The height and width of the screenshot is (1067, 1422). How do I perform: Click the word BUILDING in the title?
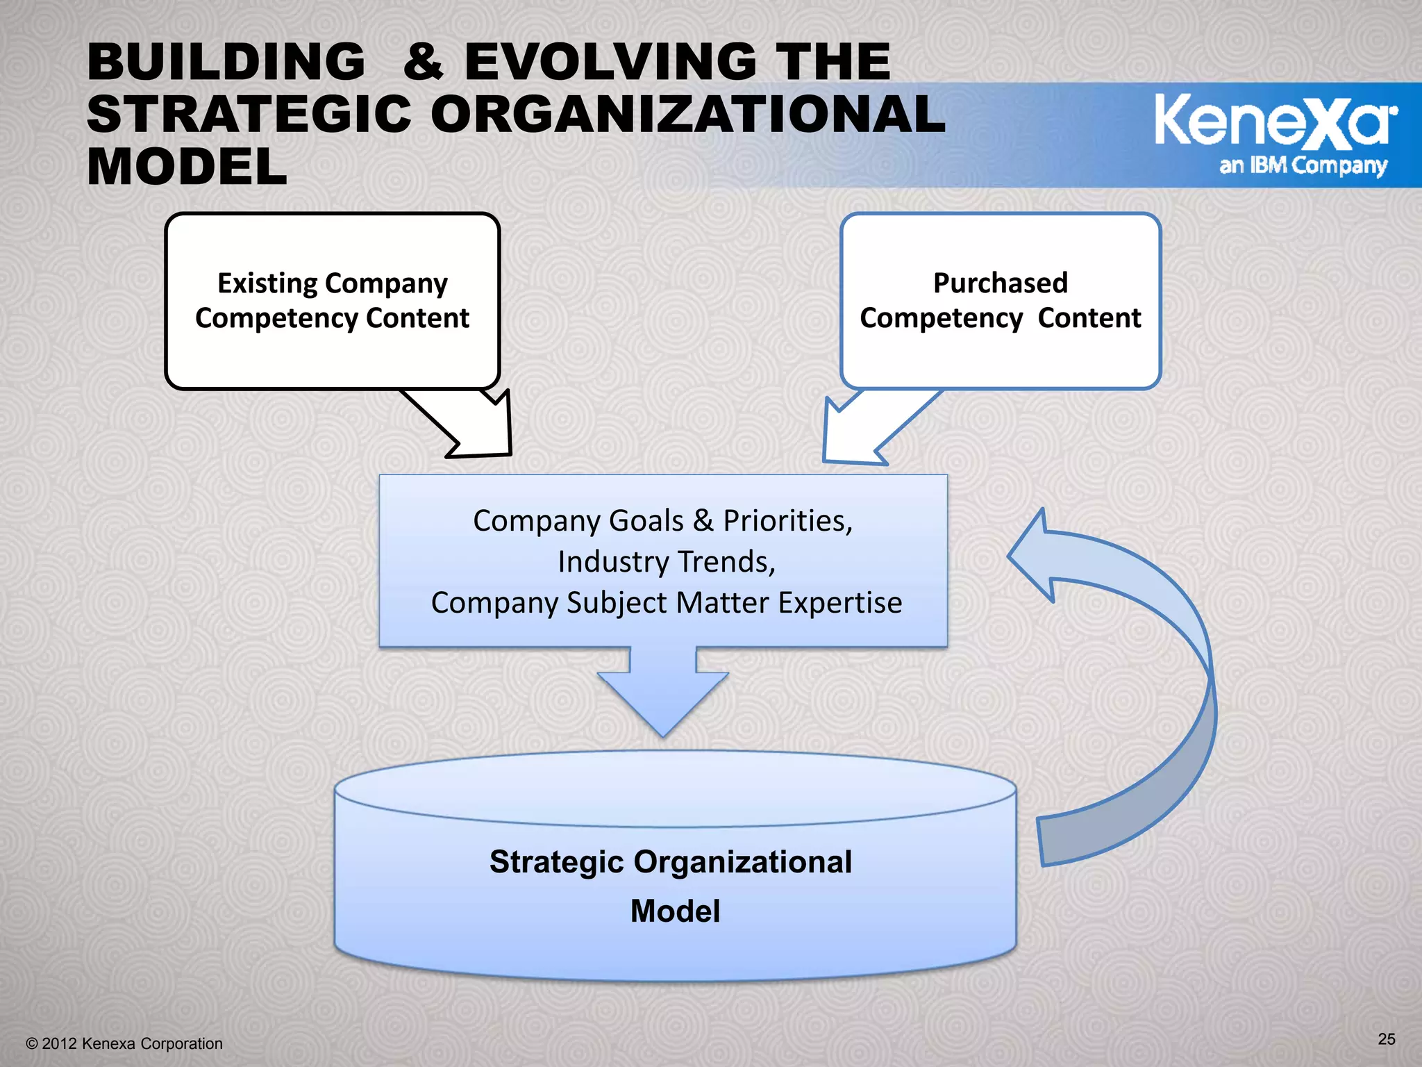point(226,62)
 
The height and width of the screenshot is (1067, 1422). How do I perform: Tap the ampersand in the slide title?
point(424,62)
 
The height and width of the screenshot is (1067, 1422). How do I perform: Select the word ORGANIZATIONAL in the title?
point(687,115)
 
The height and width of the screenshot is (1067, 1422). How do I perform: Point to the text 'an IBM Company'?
point(1303,166)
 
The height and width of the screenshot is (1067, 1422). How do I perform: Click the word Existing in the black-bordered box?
point(267,283)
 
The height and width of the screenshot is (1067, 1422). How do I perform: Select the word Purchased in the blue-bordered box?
point(1000,283)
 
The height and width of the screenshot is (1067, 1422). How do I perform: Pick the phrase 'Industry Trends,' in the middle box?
point(667,562)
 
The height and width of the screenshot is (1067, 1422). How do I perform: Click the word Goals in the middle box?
point(621,521)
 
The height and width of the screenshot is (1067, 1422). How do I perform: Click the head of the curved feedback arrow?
point(1035,556)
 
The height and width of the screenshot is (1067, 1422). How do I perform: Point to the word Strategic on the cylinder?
point(557,862)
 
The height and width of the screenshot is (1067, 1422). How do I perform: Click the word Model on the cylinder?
point(675,911)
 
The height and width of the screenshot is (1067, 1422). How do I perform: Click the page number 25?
point(1386,1039)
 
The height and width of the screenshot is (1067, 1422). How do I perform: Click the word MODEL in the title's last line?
point(187,168)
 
